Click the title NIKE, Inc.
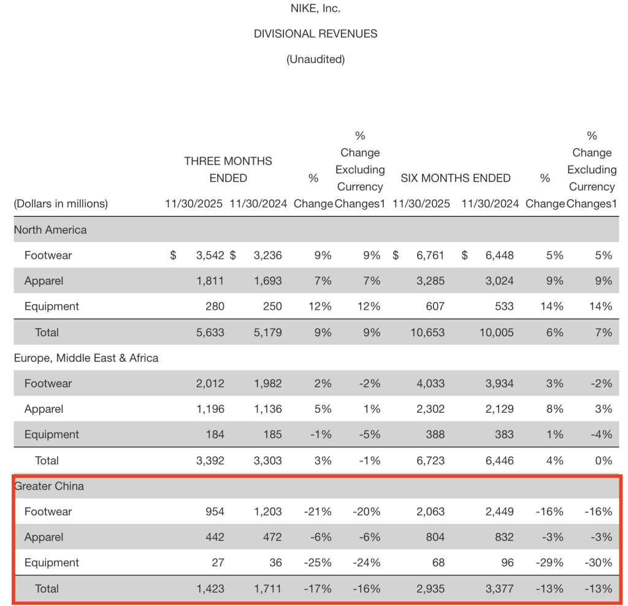(315, 9)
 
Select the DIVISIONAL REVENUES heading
(315, 34)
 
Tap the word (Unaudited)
(315, 59)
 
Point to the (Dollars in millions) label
(61, 204)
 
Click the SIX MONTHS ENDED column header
(455, 178)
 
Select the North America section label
(50, 230)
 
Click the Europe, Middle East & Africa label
(86, 358)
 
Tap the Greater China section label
(49, 486)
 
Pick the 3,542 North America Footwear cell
(210, 256)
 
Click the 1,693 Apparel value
(267, 281)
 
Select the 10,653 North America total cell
(427, 332)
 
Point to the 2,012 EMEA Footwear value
(210, 384)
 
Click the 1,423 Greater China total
(210, 589)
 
